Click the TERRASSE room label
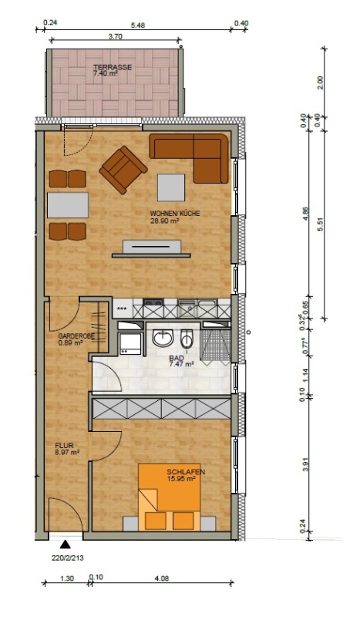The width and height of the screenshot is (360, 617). click(113, 67)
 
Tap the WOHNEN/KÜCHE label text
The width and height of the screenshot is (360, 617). click(175, 214)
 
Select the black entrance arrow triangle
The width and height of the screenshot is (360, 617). click(65, 545)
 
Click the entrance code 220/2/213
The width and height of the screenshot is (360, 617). click(68, 558)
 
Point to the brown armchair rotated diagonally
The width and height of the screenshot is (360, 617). click(123, 170)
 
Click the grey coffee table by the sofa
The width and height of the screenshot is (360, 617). click(171, 187)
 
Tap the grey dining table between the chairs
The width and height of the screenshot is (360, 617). click(68, 205)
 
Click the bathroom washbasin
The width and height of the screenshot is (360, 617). click(163, 338)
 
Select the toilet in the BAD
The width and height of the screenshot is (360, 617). click(187, 339)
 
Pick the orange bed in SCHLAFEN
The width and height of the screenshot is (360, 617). click(169, 497)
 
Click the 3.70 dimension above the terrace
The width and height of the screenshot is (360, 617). click(116, 36)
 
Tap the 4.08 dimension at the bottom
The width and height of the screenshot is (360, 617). click(162, 578)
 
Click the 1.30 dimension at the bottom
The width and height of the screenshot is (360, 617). click(67, 578)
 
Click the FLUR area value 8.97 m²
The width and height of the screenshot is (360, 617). click(68, 453)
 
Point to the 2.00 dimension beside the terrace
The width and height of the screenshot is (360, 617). click(320, 83)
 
